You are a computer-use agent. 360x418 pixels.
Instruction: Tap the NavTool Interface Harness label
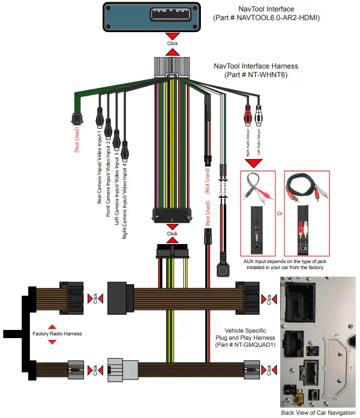tap(256, 66)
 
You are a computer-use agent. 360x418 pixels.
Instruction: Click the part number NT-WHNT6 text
tap(256, 75)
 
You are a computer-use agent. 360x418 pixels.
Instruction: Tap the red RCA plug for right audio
tap(248, 115)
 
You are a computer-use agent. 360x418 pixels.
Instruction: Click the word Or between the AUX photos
tap(280, 214)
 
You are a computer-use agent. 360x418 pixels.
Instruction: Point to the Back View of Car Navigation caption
tap(319, 413)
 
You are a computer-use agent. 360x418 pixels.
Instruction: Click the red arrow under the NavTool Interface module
tap(172, 52)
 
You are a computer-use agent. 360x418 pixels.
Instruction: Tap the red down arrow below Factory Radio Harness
tap(52, 342)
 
